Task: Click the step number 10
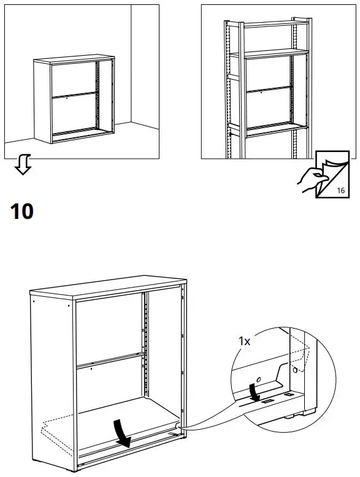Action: pos(21,212)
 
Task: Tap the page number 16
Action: pos(340,191)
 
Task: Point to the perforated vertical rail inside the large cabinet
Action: pos(146,356)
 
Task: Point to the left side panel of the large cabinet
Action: pos(53,380)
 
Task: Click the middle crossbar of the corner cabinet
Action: pos(73,95)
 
